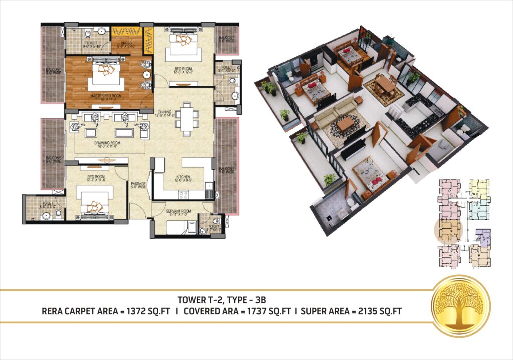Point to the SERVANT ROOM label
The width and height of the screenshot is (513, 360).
(178, 212)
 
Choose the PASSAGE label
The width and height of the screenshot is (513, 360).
(138, 184)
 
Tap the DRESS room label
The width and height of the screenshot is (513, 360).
(125, 44)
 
